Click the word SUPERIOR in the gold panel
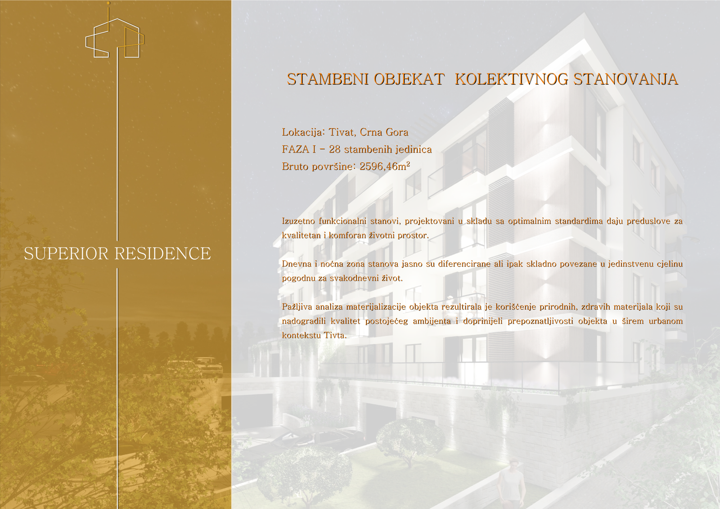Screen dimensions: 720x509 click(66, 253)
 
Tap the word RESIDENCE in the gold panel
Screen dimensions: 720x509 click(162, 253)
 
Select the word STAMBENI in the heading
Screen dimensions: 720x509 click(328, 79)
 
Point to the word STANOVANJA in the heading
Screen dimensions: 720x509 click(626, 79)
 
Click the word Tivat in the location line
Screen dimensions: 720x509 click(342, 132)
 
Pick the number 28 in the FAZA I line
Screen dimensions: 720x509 click(335, 149)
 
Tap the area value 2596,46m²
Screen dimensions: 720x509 click(385, 166)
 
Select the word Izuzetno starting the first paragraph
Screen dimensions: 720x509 click(298, 221)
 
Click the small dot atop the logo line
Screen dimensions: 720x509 click(108, 3)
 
